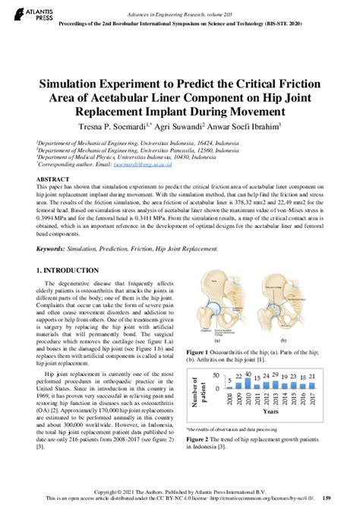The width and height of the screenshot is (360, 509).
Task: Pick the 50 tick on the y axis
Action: [x=216, y=375]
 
